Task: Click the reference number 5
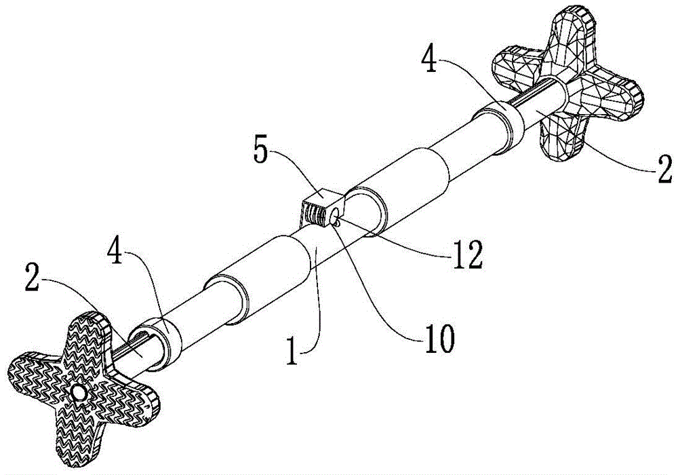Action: click(260, 151)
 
